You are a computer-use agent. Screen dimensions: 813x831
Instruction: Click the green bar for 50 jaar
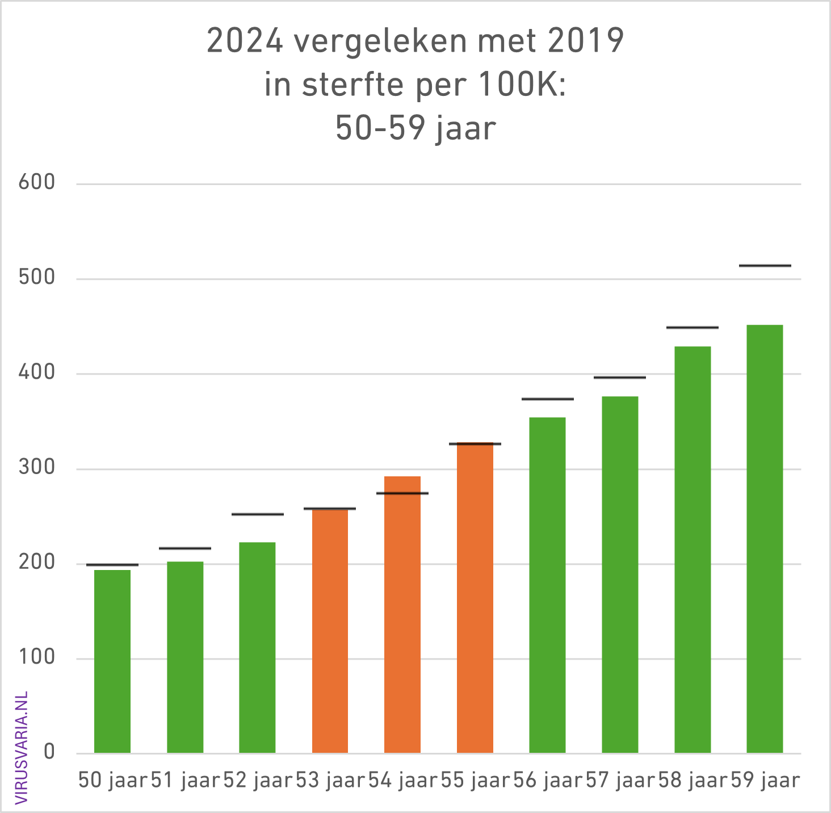[x=112, y=661]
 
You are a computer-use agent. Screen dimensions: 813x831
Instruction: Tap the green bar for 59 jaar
[x=765, y=539]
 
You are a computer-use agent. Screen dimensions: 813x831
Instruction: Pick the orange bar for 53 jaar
[x=330, y=631]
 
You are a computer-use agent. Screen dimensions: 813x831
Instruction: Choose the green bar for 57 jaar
[x=620, y=575]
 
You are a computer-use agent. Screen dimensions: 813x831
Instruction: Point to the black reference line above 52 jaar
[x=257, y=514]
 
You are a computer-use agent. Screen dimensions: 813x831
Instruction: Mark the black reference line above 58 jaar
[x=692, y=328]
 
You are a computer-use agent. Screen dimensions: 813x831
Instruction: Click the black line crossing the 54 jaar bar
[x=402, y=493]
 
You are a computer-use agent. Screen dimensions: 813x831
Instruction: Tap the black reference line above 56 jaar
[x=547, y=399]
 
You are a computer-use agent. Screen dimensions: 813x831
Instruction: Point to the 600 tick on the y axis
[x=37, y=183]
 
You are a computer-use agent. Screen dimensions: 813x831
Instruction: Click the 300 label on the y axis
[x=37, y=468]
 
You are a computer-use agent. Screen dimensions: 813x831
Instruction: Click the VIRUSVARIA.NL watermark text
[x=22, y=748]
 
